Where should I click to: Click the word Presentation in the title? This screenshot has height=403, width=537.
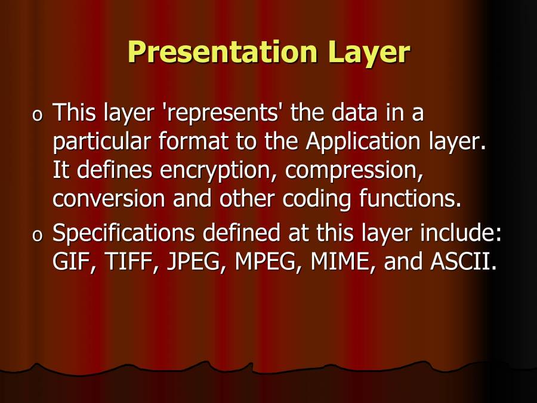tap(224, 53)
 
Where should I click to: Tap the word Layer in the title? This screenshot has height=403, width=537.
tap(368, 53)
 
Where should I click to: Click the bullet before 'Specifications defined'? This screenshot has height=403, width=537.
tap(38, 236)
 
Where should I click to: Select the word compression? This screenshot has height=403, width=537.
tap(354, 171)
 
